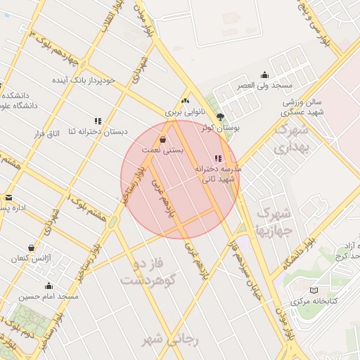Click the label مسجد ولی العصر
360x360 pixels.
[x=264, y=85]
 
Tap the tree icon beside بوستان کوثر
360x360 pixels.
[x=221, y=117]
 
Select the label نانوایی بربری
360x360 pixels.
[x=184, y=111]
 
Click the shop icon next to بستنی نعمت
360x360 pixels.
[x=163, y=139]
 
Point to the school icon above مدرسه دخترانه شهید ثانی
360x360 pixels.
[x=218, y=158]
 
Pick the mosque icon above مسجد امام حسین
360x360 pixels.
[x=49, y=285]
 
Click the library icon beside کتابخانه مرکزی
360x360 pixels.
[x=314, y=290]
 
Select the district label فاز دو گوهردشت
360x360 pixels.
[x=147, y=273]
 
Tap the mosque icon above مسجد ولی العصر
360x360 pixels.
[x=264, y=75]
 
